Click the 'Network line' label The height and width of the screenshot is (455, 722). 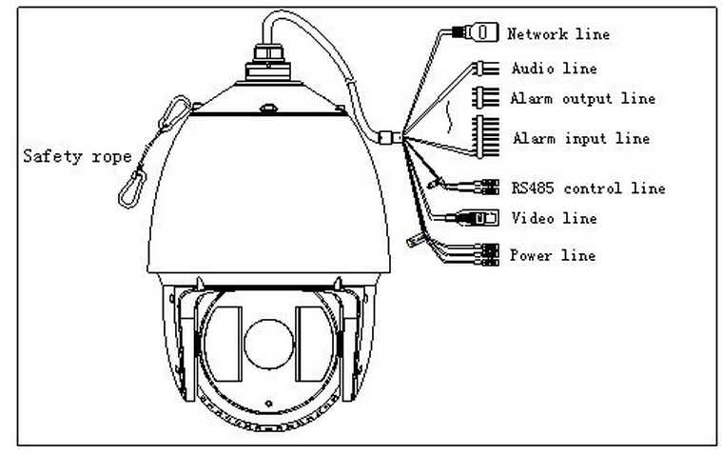(x=558, y=33)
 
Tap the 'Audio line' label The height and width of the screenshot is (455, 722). (x=554, y=69)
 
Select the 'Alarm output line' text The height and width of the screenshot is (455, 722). (x=582, y=98)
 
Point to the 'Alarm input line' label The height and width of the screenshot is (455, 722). (x=581, y=138)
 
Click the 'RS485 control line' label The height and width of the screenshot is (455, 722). (x=588, y=188)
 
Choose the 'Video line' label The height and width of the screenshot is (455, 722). (x=554, y=218)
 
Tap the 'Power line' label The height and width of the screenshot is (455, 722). (x=553, y=255)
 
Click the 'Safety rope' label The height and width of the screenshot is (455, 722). (x=77, y=156)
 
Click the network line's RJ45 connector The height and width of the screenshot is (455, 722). (x=476, y=32)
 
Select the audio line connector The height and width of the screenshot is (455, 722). (x=488, y=69)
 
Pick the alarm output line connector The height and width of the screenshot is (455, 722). (x=486, y=98)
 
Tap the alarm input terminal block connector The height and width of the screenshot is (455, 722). (x=488, y=137)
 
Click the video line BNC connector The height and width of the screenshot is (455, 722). (x=478, y=218)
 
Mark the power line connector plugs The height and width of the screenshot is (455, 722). (x=490, y=255)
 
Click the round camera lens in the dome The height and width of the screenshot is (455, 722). (x=268, y=344)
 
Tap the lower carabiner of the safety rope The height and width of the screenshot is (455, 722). (x=132, y=189)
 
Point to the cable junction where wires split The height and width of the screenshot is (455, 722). (x=390, y=137)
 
